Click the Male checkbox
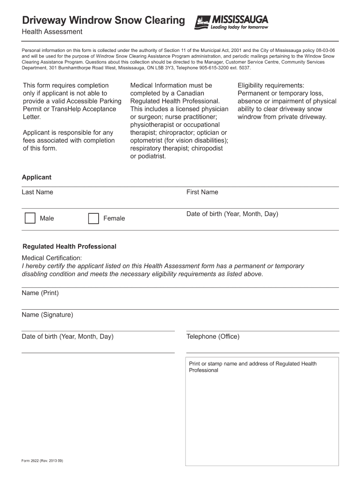point(30,218)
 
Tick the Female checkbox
point(94,218)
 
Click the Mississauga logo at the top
point(231,22)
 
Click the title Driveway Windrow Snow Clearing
point(103,21)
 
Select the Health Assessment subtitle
point(52,32)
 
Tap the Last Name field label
point(37,192)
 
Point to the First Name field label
point(202,192)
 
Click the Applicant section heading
point(36,177)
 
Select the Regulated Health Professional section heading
point(69,247)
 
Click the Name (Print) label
point(40,293)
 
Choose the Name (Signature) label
point(47,315)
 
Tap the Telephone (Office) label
point(213,337)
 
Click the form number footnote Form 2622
point(42,461)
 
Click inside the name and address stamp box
point(262,416)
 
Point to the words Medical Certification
point(52,258)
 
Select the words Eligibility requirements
point(271,85)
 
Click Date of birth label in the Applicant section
point(232,214)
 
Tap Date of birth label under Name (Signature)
point(67,337)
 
